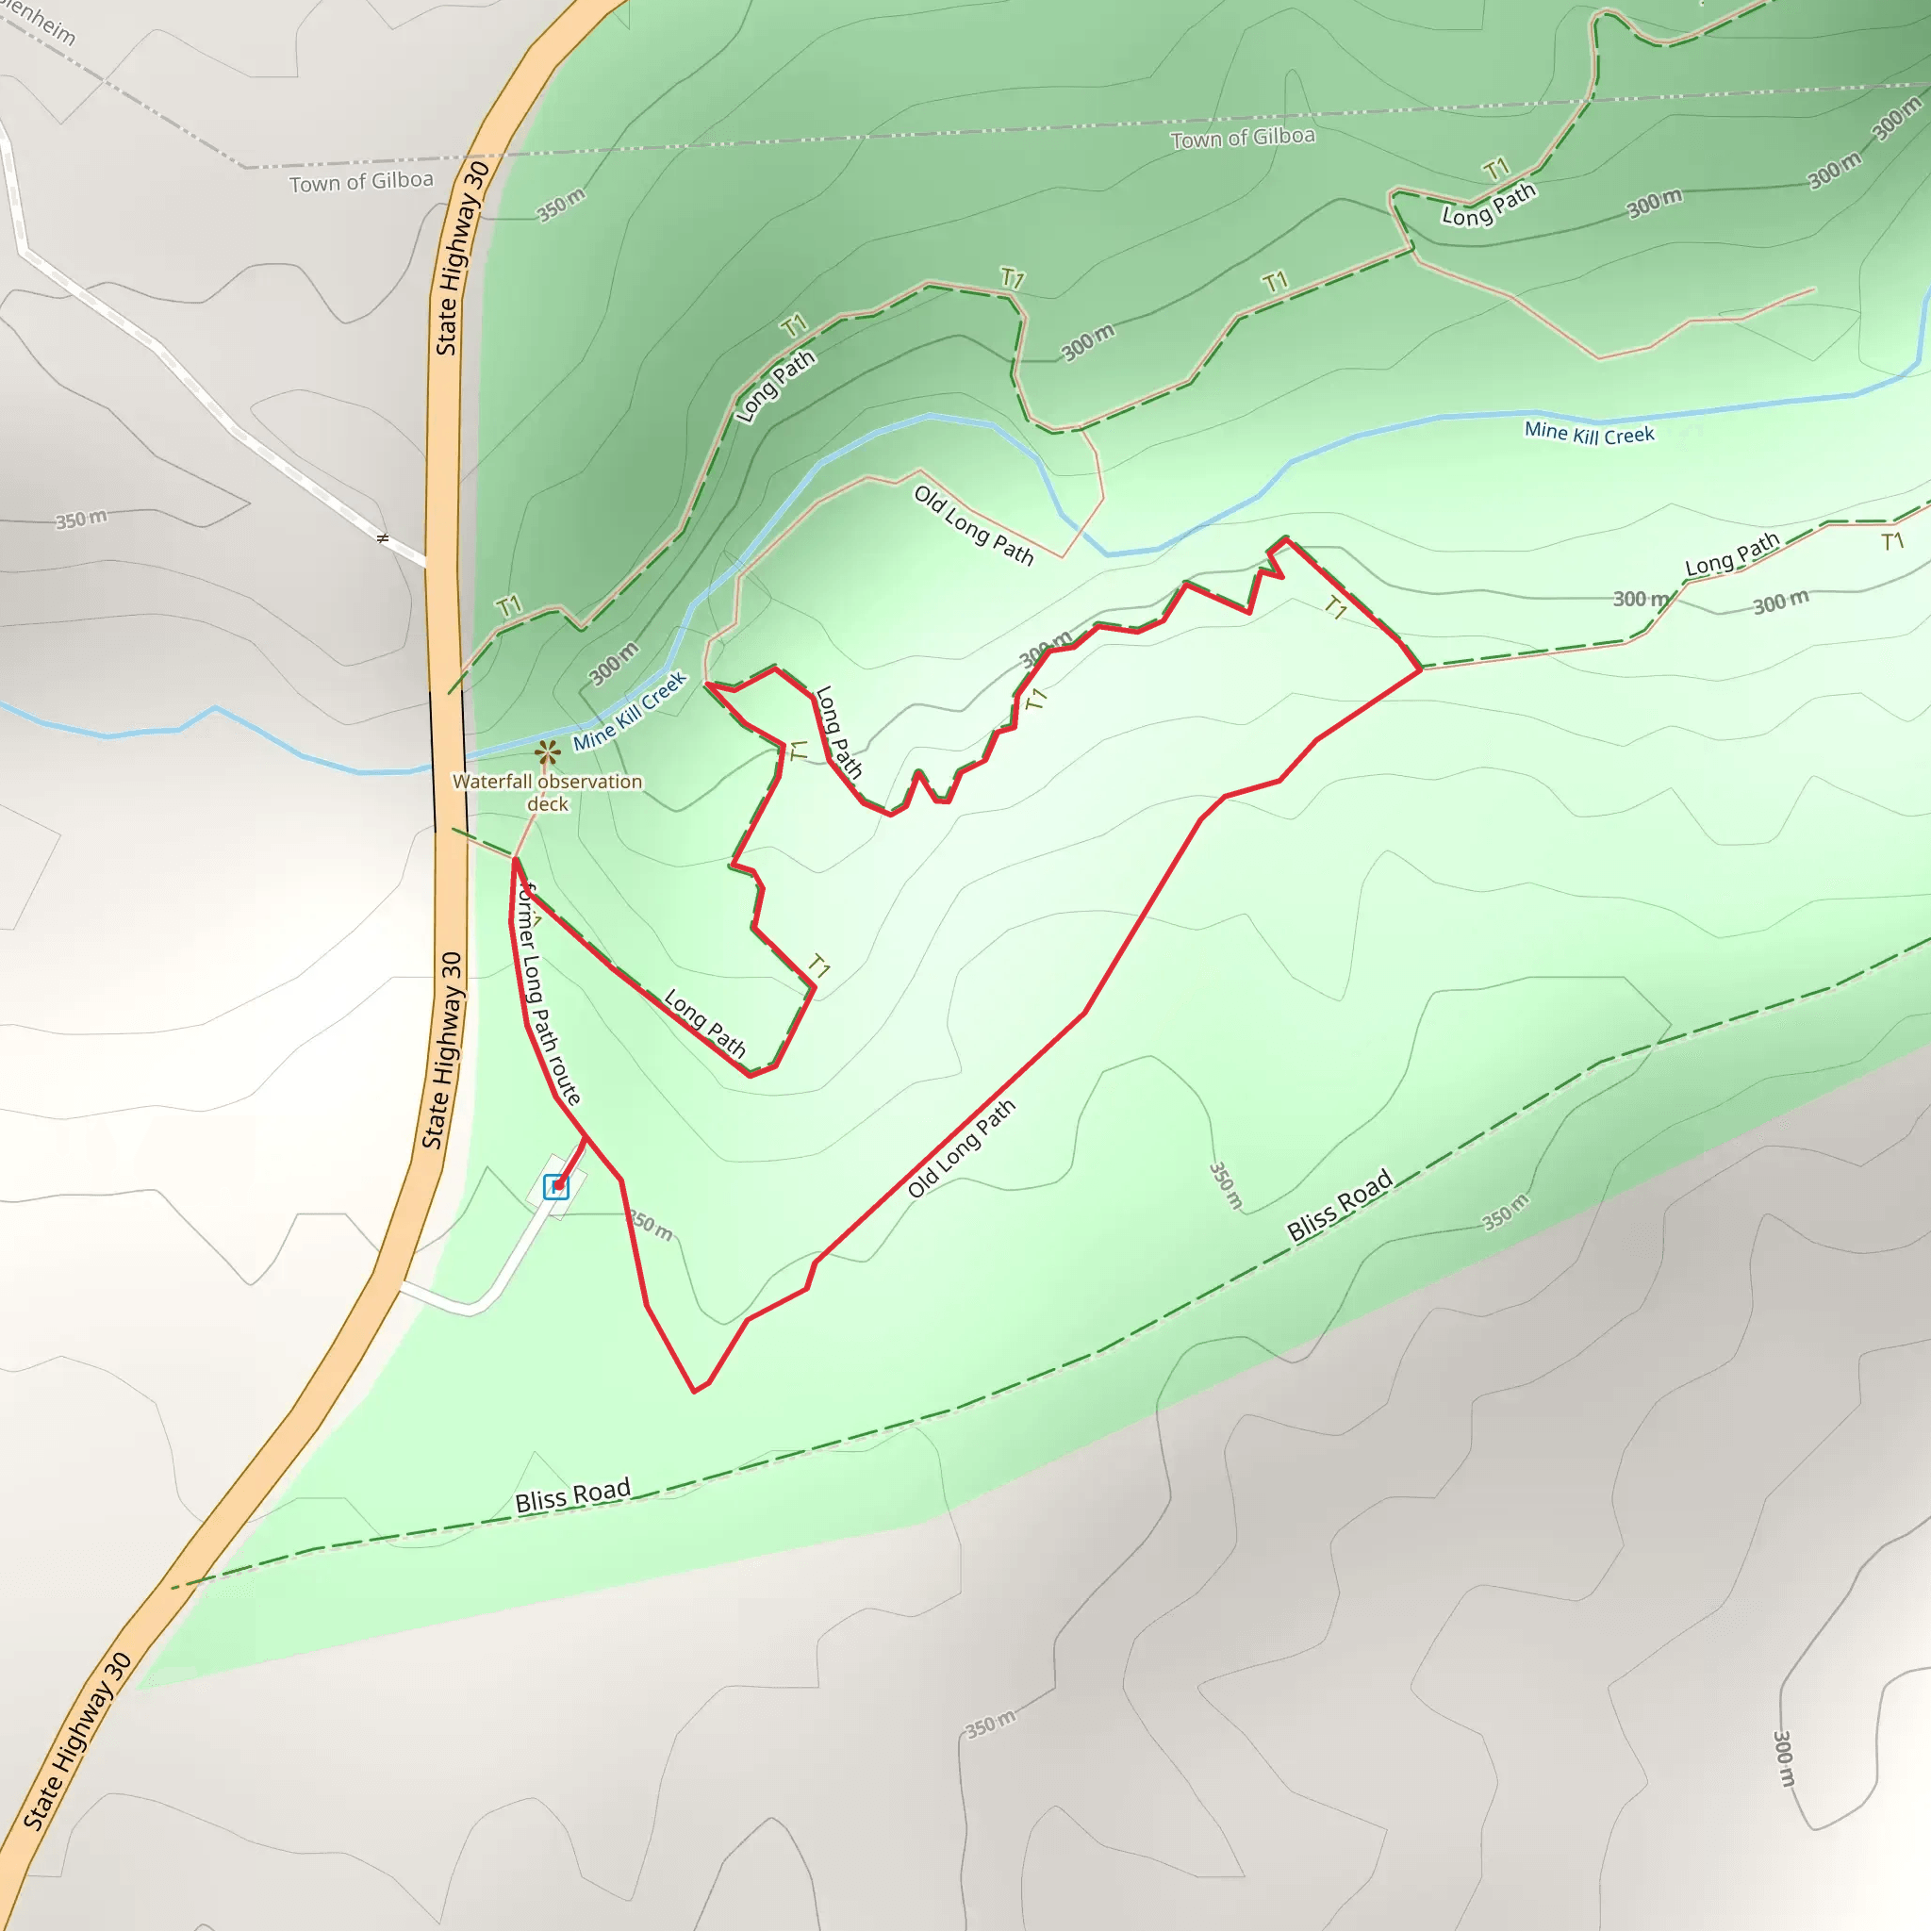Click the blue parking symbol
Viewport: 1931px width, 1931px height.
555,1186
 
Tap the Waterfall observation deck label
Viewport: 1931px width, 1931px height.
547,793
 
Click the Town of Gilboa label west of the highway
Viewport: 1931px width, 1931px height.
361,182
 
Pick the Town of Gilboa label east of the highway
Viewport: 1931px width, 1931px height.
1243,137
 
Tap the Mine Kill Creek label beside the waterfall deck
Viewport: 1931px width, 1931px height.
630,711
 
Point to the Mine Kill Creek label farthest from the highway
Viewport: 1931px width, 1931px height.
1588,433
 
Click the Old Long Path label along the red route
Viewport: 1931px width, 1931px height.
961,1148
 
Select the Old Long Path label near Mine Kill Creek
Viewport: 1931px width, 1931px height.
973,525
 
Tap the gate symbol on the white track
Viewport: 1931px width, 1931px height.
382,539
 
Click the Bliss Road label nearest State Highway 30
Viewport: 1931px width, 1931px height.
572,1496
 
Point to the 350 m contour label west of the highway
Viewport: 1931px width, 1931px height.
81,519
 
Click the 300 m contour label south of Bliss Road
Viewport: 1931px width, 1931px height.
1784,1758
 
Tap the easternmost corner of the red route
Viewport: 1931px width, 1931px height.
1420,669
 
